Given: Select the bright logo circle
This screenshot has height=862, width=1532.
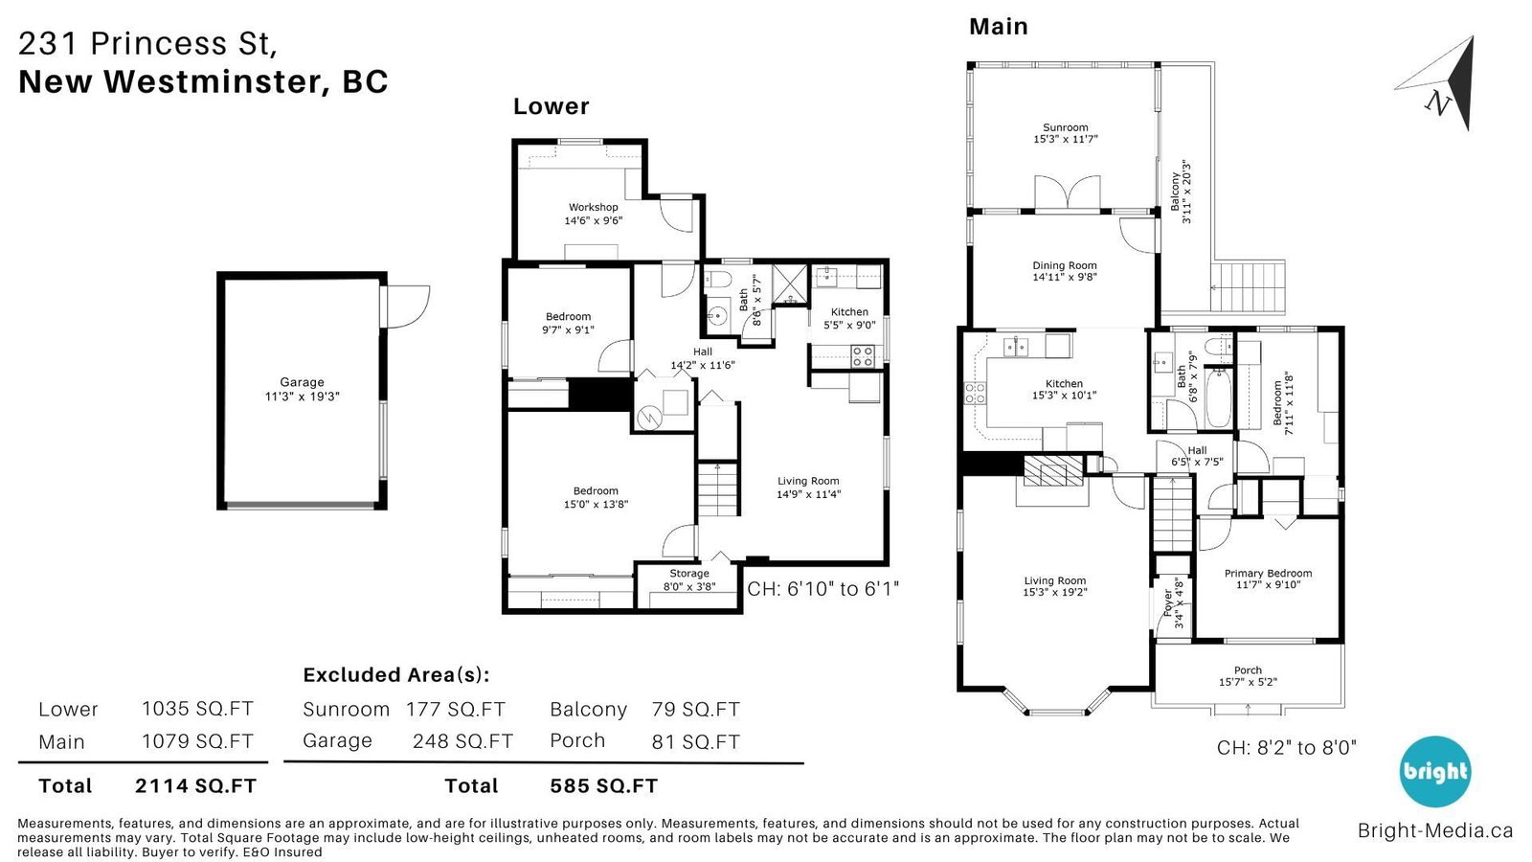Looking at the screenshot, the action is pos(1434,772).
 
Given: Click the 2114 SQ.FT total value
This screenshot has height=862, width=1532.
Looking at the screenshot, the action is pos(195,785).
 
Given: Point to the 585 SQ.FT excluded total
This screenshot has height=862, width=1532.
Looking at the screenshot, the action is pos(603,785).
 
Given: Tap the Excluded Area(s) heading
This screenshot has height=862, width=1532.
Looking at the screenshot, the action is pos(396,674).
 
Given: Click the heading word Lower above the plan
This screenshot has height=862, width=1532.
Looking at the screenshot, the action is pos(552,106).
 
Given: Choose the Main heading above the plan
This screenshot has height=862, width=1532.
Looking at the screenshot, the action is pos(999,26).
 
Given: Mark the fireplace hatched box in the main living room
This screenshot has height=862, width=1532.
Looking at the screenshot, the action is pos(1053,470).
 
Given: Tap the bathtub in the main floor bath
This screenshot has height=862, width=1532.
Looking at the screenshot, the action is pos(1218,397).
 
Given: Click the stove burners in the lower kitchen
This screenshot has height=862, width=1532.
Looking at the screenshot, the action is pos(863,355).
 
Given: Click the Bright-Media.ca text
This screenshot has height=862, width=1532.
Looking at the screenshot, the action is pos(1435,830).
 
